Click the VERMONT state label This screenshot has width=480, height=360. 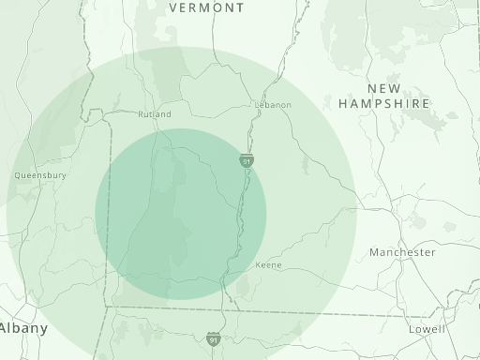click(206, 7)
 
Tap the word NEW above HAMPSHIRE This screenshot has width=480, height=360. click(384, 88)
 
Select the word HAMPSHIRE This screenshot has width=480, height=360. click(384, 103)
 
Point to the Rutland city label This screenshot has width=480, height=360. click(155, 114)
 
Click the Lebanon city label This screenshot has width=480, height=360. click(273, 105)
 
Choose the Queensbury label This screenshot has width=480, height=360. click(40, 174)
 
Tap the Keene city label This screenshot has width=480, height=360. click(268, 265)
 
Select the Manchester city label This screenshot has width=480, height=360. click(402, 253)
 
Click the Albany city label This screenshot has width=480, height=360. click(22, 328)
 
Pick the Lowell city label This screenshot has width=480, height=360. click(427, 330)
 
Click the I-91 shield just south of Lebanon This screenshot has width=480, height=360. click(246, 161)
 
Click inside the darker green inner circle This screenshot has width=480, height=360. click(181, 214)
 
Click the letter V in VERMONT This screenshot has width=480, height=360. click(173, 7)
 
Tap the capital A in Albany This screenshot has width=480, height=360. click(5, 328)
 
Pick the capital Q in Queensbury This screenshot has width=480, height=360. click(18, 174)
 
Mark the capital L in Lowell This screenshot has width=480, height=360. click(412, 330)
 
